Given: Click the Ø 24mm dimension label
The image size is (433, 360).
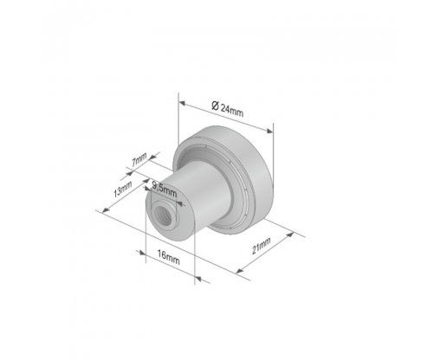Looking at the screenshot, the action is [227, 109].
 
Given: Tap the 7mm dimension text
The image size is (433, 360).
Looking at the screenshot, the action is [139, 159].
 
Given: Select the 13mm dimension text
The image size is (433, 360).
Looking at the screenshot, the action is [123, 189].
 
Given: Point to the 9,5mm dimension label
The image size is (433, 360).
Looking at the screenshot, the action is [164, 190].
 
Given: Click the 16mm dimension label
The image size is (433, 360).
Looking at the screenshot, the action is [168, 257].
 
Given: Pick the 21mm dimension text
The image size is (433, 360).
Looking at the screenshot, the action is [262, 246].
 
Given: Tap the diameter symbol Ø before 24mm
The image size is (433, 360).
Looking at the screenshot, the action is [215, 106].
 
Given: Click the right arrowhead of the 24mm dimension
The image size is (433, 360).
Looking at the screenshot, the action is [269, 132].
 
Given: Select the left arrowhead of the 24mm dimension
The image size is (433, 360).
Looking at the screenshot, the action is [182, 102].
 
